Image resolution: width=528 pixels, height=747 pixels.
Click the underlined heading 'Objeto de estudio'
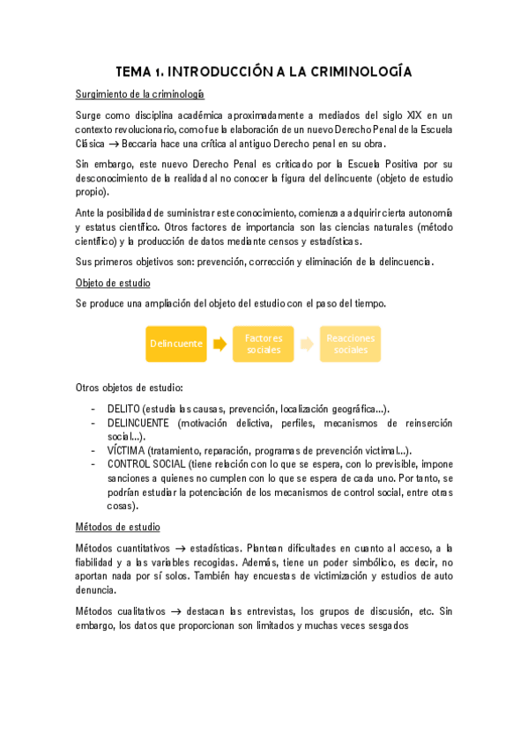(113, 283)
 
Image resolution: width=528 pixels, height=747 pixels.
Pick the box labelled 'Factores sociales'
(264, 344)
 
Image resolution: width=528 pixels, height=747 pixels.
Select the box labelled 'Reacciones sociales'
(350, 344)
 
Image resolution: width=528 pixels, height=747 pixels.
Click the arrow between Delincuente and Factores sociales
(220, 344)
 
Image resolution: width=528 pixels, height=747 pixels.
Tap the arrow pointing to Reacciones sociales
(307, 344)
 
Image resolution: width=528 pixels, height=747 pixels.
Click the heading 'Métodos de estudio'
(118, 527)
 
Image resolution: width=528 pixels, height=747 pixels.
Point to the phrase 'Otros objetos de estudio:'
(130, 388)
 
